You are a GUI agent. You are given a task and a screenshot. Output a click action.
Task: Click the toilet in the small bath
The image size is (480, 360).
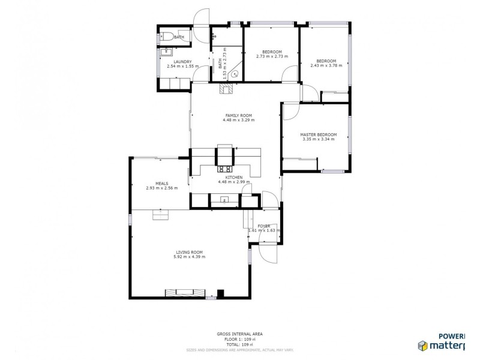[x=166, y=36]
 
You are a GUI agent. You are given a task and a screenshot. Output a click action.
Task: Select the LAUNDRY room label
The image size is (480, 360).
[x=182, y=61]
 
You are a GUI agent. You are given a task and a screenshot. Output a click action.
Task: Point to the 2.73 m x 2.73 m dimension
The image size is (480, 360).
[x=272, y=56]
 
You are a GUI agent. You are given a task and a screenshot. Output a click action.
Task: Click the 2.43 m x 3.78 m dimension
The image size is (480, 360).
[x=326, y=65]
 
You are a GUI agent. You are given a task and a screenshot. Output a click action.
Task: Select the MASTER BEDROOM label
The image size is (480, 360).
[x=318, y=134]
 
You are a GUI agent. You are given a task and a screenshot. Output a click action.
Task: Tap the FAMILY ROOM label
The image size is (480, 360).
[x=238, y=115]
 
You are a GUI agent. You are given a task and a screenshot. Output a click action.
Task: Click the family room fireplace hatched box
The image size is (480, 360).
[x=226, y=90]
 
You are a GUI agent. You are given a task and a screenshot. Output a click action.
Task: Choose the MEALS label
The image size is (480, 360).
[x=161, y=183]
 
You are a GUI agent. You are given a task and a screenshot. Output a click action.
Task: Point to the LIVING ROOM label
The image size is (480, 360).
[x=189, y=252]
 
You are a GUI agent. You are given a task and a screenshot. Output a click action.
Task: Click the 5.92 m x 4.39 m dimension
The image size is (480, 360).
[x=189, y=257]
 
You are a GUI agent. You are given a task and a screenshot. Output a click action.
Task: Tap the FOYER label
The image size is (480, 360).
[x=264, y=226]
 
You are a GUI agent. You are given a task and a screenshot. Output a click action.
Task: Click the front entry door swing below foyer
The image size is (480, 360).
[x=268, y=255]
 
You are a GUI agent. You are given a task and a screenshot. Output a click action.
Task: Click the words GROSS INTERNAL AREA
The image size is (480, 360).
[x=239, y=334]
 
